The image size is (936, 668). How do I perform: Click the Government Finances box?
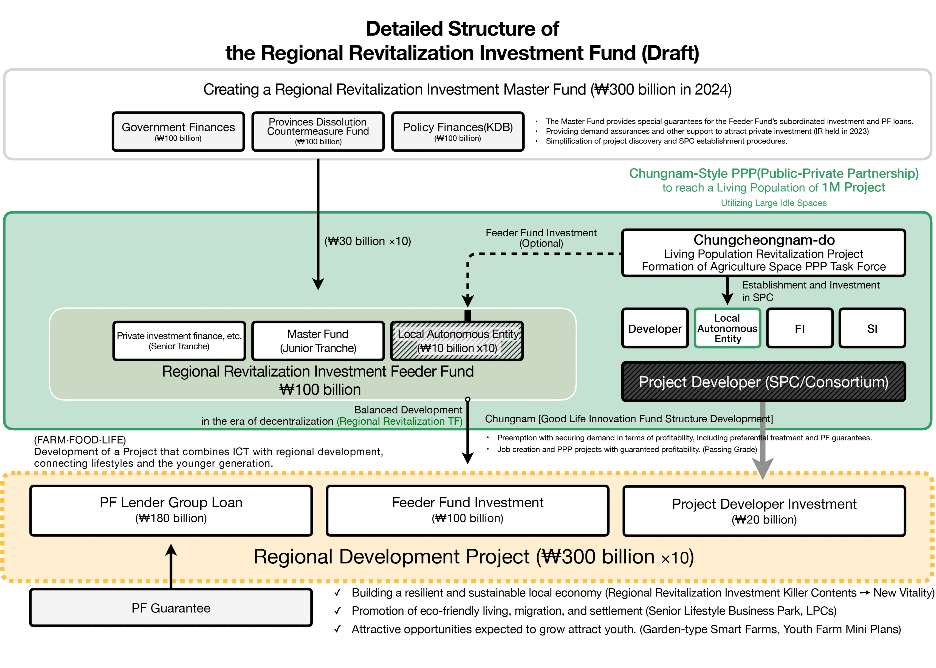[x=178, y=132]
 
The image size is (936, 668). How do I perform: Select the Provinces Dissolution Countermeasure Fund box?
[x=318, y=132]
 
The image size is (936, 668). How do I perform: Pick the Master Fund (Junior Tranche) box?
[x=318, y=341]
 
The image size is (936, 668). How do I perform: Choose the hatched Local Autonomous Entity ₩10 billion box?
[x=457, y=341]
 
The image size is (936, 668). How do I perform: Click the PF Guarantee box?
[x=171, y=608]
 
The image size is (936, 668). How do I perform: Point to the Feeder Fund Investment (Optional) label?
[x=541, y=238]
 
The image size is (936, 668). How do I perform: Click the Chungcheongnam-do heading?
[x=764, y=240]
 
